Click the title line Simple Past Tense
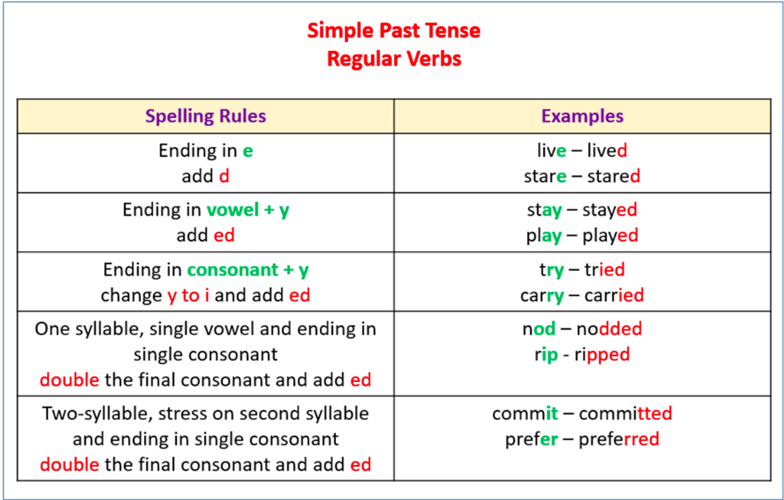394,30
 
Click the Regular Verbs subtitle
394,59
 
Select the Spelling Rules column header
206,116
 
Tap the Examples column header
582,116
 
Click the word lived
606,151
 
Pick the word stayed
610,210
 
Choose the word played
610,236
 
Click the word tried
604,269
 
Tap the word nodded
609,329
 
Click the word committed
626,414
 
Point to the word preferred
619,440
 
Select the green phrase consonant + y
248,269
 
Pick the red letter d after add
224,177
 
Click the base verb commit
525,414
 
